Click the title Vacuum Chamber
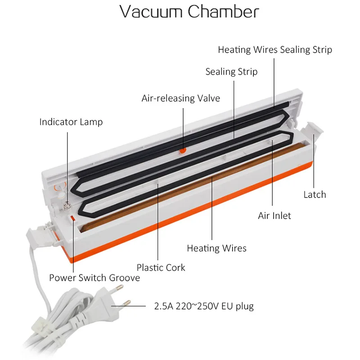tap(189, 12)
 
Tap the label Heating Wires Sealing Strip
tap(275, 50)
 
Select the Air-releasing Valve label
tap(181, 98)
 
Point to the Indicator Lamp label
tap(71, 122)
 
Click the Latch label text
tap(315, 194)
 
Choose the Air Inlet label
tap(274, 216)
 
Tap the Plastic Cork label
tap(161, 267)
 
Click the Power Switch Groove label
tap(94, 278)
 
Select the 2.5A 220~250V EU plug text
tap(204, 306)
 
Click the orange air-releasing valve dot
tap(183, 151)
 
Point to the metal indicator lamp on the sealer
tap(67, 204)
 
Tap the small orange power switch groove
tap(72, 218)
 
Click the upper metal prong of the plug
tap(119, 287)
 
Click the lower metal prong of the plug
tap(126, 303)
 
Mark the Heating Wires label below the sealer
tap(216, 248)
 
